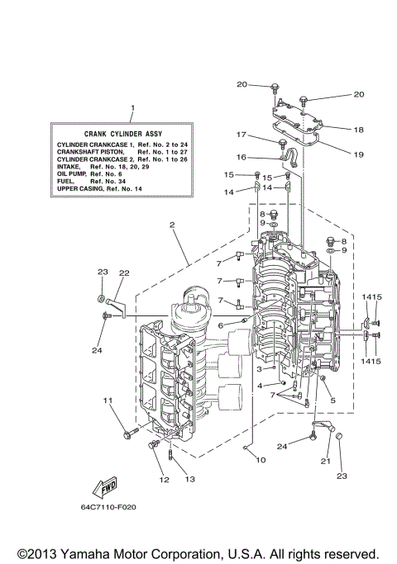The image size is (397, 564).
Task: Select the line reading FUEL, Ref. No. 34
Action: click(89, 181)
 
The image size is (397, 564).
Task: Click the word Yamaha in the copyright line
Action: click(102, 553)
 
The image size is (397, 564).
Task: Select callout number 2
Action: click(172, 224)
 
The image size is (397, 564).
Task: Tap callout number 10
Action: click(261, 459)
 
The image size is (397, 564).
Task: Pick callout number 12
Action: click(162, 479)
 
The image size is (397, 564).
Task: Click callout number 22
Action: click(123, 273)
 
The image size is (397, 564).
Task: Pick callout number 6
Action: click(220, 326)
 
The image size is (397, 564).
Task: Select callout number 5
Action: click(333, 401)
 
